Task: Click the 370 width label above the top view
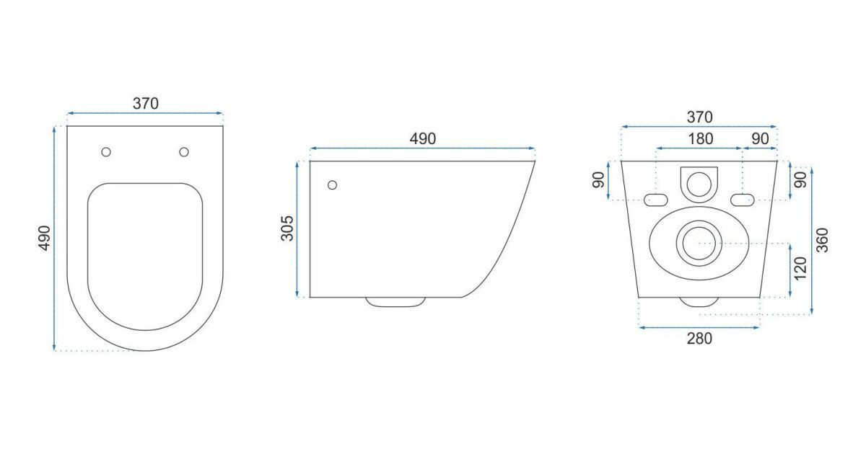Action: (146, 104)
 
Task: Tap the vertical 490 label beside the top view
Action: (45, 239)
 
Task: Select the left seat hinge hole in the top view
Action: (106, 152)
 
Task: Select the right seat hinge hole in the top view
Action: (184, 152)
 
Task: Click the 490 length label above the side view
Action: (423, 138)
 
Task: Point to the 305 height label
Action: (287, 228)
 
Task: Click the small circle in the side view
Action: (332, 185)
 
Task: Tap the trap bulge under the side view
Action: (395, 302)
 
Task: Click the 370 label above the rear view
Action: (700, 117)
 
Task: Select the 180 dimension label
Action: (701, 138)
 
